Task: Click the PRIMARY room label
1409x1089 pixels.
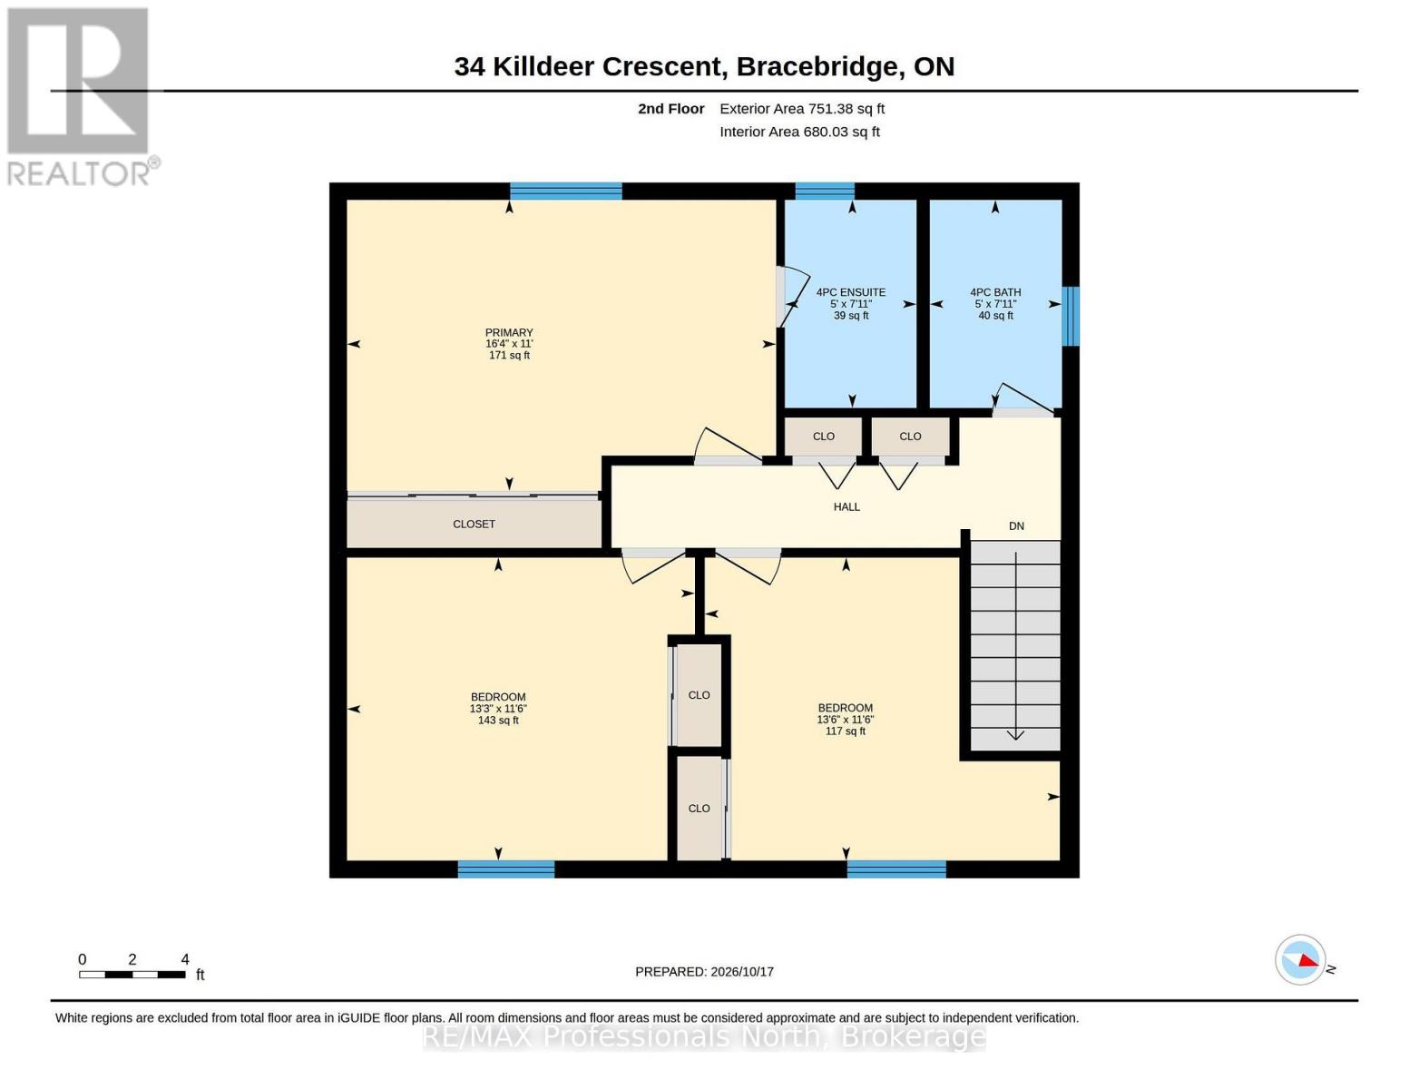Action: tap(508, 332)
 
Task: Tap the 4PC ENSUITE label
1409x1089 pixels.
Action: tap(850, 292)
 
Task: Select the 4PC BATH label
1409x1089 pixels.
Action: tap(995, 292)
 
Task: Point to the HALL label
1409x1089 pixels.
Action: tap(846, 506)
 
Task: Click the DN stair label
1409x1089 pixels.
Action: tap(1016, 526)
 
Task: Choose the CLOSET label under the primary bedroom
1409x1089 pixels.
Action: tap(474, 524)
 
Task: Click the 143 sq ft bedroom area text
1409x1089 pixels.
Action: tap(498, 720)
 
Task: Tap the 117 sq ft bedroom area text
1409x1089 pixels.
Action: tap(845, 731)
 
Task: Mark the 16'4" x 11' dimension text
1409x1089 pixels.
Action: tap(509, 344)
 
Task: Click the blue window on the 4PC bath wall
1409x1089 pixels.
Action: tap(1070, 316)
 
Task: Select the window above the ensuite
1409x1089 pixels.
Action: tap(824, 191)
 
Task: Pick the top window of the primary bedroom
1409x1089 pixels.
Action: tap(565, 191)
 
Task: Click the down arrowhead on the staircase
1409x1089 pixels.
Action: tap(1014, 734)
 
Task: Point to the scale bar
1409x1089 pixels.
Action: tap(132, 974)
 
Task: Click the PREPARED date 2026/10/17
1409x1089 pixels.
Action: tap(742, 972)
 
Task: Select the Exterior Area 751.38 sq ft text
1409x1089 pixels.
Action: tap(802, 109)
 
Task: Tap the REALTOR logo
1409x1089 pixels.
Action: tap(81, 97)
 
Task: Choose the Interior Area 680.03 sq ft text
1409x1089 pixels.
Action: tap(799, 132)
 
